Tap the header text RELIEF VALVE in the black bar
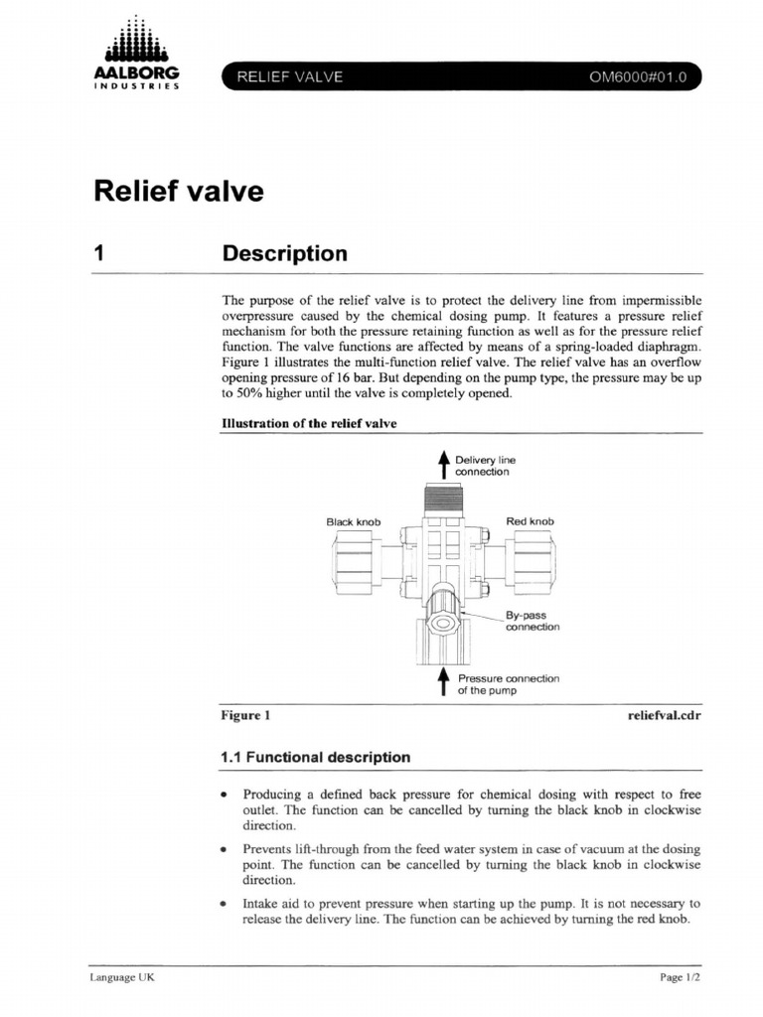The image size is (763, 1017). click(x=289, y=76)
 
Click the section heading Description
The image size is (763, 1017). click(x=284, y=254)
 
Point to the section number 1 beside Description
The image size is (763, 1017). click(x=98, y=254)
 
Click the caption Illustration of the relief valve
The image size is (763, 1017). click(x=308, y=424)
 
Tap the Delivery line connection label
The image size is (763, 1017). click(x=485, y=466)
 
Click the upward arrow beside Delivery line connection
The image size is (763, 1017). click(x=444, y=465)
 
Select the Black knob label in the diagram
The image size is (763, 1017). click(x=354, y=521)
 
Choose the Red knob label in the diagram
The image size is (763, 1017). click(x=530, y=521)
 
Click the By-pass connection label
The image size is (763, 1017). click(x=532, y=622)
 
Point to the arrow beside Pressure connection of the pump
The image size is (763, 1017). click(x=444, y=681)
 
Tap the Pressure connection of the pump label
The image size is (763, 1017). click(x=508, y=684)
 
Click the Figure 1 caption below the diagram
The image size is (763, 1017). click(x=244, y=714)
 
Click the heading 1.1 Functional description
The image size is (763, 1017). click(x=314, y=757)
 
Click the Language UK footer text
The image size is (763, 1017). click(x=115, y=977)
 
